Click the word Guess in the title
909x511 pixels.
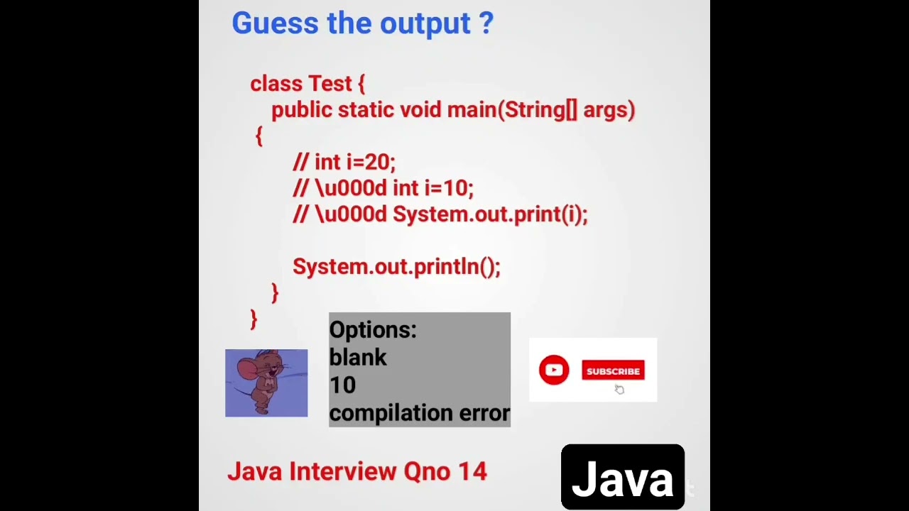[x=274, y=23]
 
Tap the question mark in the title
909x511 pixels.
[x=486, y=23]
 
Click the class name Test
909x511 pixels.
[x=330, y=84]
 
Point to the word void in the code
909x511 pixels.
[x=420, y=110]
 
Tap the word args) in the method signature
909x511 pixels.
[x=609, y=110]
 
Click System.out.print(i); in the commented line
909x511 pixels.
[x=490, y=214]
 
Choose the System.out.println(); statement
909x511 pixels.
[x=396, y=267]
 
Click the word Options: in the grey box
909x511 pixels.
[x=373, y=330]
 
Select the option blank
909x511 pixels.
[x=358, y=357]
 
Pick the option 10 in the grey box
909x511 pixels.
[x=342, y=385]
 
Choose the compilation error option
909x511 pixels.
[x=419, y=413]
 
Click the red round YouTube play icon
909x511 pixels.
[x=554, y=370]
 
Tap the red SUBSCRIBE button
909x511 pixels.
[x=613, y=371]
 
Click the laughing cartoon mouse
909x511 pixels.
[x=266, y=383]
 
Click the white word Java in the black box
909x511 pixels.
[x=622, y=479]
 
